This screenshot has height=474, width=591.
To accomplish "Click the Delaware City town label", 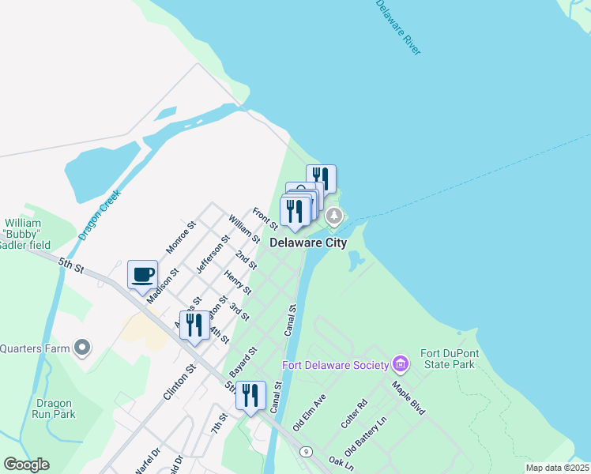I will [308, 243].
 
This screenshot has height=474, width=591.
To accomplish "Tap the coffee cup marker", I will [142, 276].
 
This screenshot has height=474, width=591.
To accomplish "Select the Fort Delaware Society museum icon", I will [401, 364].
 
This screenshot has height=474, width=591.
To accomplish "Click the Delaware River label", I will [397, 27].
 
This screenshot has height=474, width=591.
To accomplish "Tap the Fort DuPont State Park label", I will [448, 359].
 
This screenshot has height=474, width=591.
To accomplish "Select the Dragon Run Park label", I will [54, 408].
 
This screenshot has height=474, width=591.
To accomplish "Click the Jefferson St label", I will [213, 254].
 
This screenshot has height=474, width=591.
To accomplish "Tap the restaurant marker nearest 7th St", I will [250, 396].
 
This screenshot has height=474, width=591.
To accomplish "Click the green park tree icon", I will [335, 215].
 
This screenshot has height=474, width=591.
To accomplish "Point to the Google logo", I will [27, 465].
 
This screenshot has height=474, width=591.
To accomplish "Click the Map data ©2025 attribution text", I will [557, 468].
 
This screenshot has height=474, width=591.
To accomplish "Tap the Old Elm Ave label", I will [309, 412].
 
